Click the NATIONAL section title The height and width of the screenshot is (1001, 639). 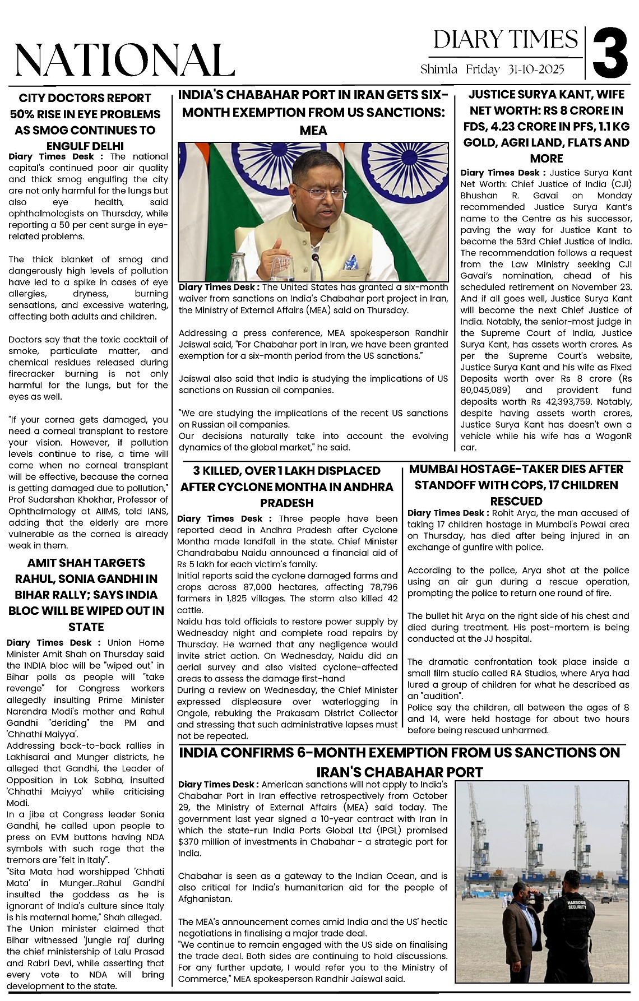(x=124, y=59)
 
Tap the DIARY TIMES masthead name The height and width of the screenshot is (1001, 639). (x=505, y=40)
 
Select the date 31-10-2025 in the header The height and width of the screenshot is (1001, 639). (x=536, y=69)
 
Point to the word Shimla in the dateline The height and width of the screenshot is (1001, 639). (x=438, y=69)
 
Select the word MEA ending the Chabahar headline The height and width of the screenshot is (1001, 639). (x=313, y=131)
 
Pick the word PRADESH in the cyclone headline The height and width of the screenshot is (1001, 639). (x=286, y=503)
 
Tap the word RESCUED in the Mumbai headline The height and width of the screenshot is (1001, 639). (x=516, y=501)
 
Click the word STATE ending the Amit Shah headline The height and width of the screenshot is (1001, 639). (x=86, y=627)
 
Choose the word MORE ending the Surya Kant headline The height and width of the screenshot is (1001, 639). (x=546, y=158)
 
